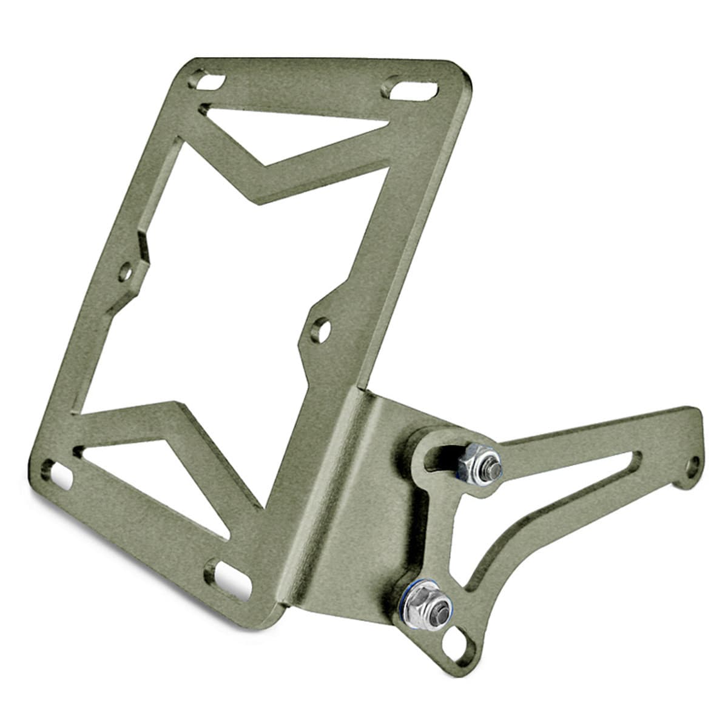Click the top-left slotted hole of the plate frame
(x=207, y=81)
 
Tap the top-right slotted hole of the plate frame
(x=409, y=89)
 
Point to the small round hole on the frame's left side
(x=126, y=272)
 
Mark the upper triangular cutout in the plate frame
(x=285, y=132)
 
